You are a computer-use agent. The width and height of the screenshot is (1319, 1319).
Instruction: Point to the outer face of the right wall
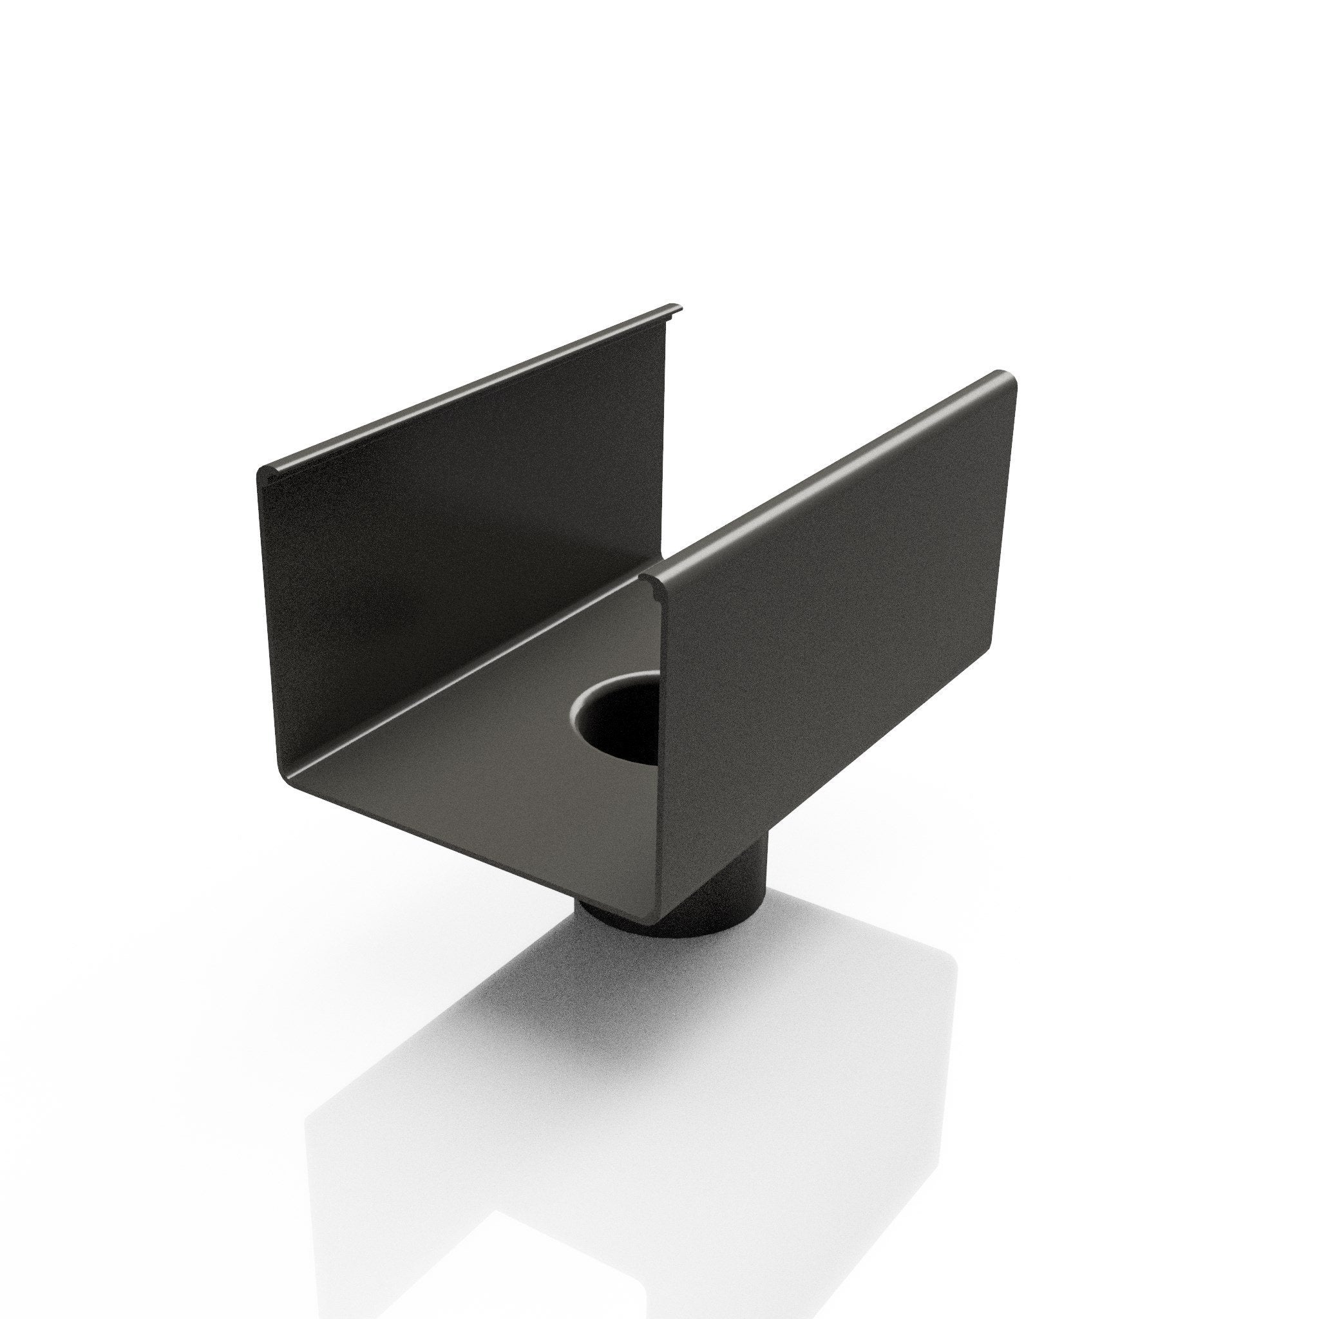[840, 614]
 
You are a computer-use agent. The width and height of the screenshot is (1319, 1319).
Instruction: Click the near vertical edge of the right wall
[661, 717]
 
